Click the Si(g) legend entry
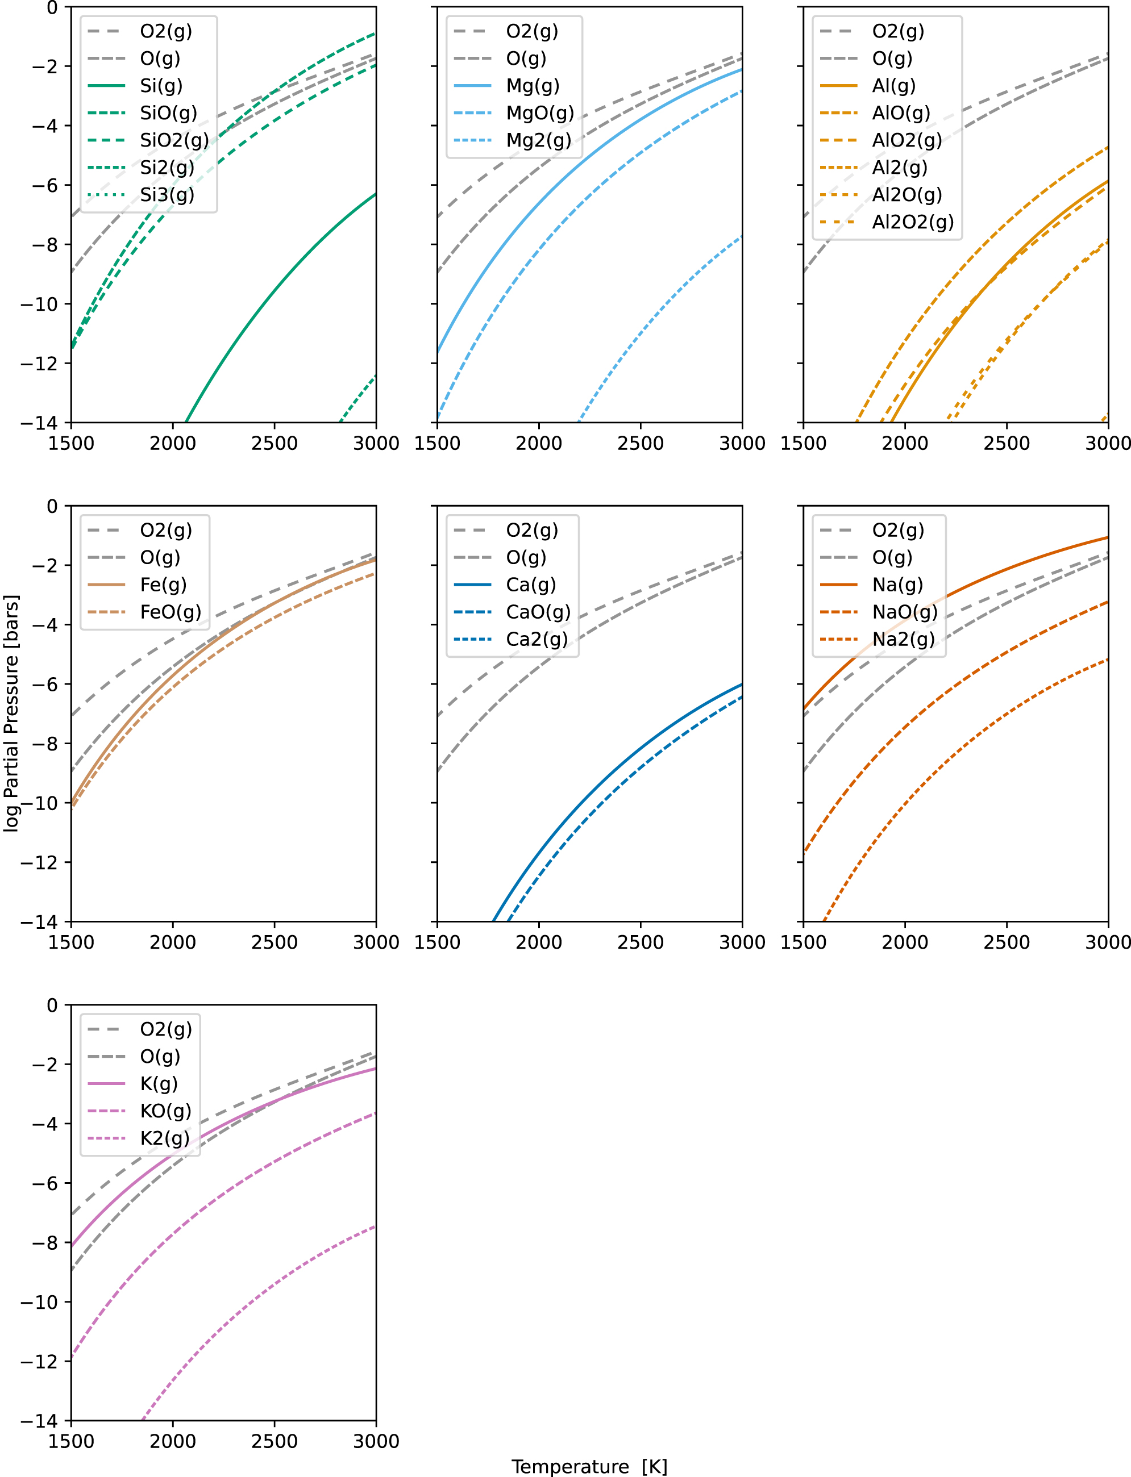pos(161,85)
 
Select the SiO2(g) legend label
pos(174,140)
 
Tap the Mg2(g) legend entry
pos(539,140)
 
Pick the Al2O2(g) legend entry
pos(912,222)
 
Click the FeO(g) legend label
pos(171,612)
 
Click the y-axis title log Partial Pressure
pos(11,714)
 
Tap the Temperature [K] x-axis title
pos(589,1466)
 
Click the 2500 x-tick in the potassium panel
pos(274,1441)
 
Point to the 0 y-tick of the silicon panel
pos(52,7)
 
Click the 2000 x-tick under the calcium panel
pos(539,942)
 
